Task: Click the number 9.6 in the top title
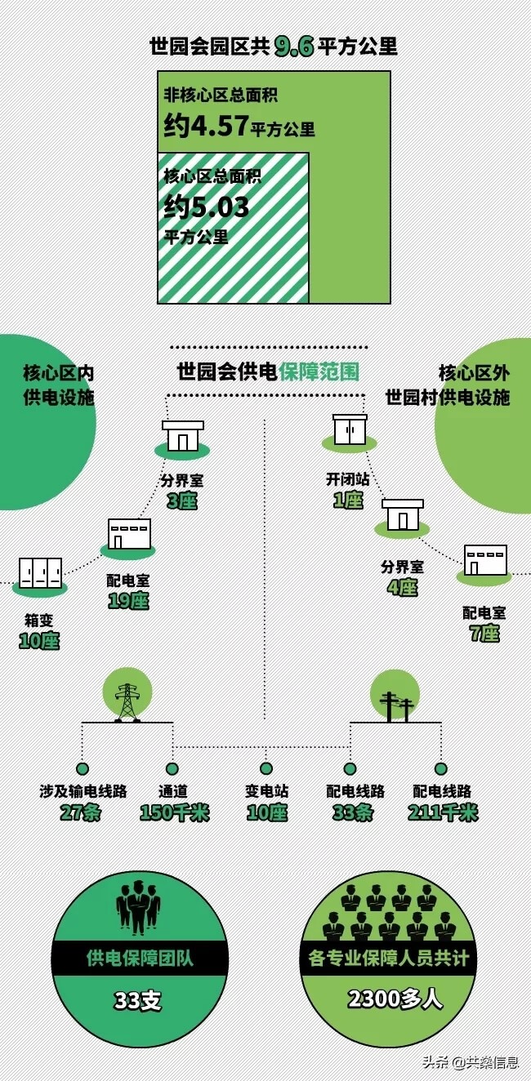pyautogui.click(x=293, y=46)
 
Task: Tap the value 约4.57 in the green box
pyautogui.click(x=204, y=127)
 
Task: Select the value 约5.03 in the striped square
pyautogui.click(x=206, y=207)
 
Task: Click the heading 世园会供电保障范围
pyautogui.click(x=268, y=372)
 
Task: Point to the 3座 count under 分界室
pyautogui.click(x=181, y=500)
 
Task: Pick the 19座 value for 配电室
pyautogui.click(x=128, y=601)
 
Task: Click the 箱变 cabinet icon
pyautogui.click(x=40, y=573)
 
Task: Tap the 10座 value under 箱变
pyautogui.click(x=39, y=641)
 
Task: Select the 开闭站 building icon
pyautogui.click(x=350, y=430)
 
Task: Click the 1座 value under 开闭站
pyautogui.click(x=348, y=500)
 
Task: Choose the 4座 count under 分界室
pyautogui.click(x=402, y=587)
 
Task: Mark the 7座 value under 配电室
pyautogui.click(x=484, y=633)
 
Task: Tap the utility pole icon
pyautogui.click(x=396, y=705)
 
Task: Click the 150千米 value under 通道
pyautogui.click(x=175, y=812)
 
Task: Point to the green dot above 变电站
pyautogui.click(x=265, y=768)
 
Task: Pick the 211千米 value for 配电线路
pyautogui.click(x=443, y=812)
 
